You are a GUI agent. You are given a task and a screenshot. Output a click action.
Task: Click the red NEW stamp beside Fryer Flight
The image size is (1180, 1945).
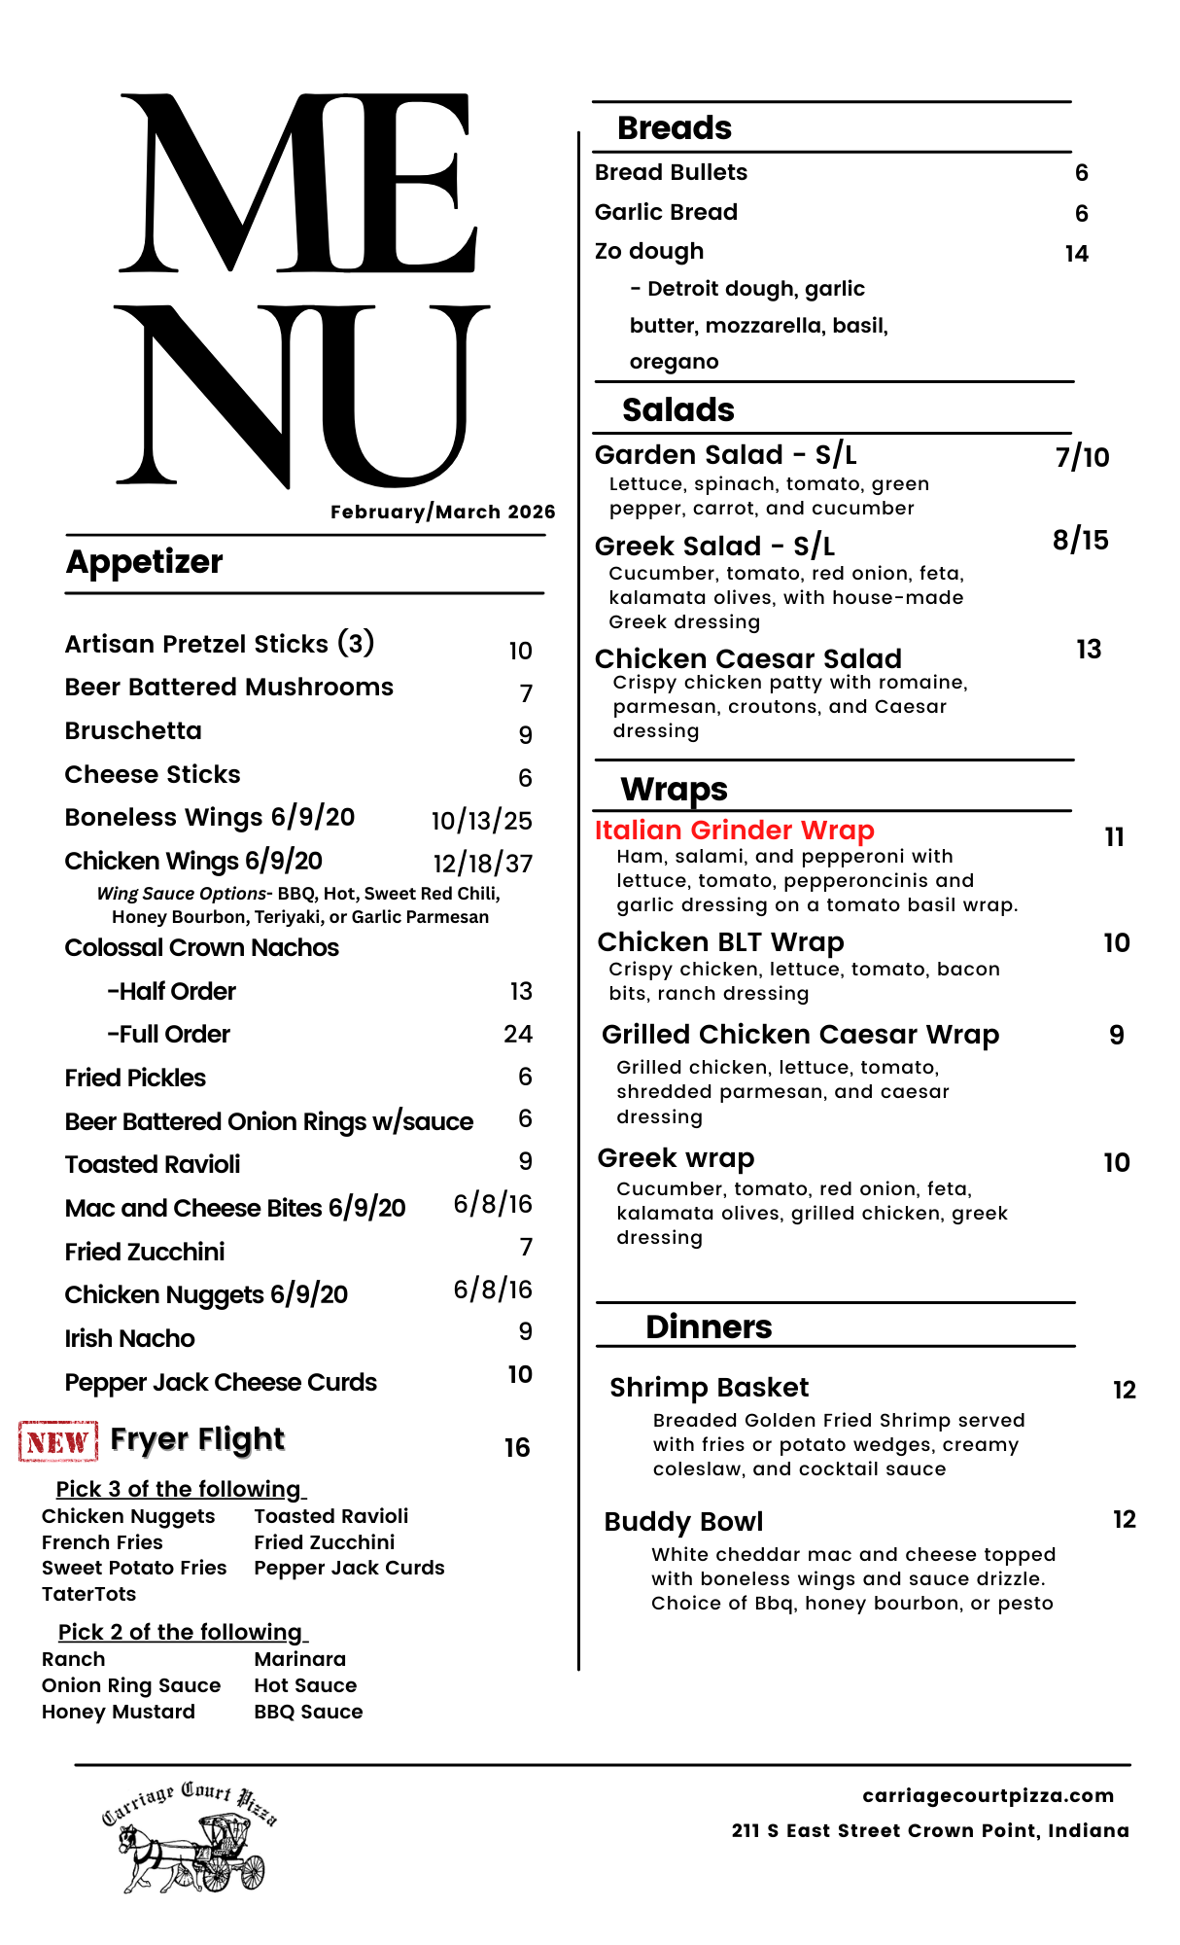click(58, 1441)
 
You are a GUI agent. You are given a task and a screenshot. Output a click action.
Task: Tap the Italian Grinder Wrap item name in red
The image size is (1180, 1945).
click(734, 831)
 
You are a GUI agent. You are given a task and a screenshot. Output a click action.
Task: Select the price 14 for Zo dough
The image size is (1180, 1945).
click(1076, 254)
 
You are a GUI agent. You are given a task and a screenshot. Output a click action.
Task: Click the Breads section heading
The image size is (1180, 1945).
click(675, 128)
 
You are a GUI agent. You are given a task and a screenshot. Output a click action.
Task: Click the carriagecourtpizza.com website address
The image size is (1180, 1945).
click(988, 1795)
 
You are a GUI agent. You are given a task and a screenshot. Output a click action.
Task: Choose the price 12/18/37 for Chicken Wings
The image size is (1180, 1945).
click(482, 864)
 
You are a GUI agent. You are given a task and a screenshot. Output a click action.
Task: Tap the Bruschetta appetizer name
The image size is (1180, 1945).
click(133, 731)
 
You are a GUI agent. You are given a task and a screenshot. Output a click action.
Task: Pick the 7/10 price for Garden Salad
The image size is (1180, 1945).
click(1082, 457)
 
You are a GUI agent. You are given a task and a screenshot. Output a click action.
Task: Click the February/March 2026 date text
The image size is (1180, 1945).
click(442, 512)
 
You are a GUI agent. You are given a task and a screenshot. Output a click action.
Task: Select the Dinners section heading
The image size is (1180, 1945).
click(709, 1327)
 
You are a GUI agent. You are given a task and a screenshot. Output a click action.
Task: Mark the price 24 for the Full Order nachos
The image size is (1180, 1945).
click(518, 1034)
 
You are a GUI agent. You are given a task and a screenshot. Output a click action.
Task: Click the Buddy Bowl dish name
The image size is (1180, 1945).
click(683, 1522)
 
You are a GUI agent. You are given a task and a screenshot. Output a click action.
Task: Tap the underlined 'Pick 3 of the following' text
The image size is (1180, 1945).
click(180, 1490)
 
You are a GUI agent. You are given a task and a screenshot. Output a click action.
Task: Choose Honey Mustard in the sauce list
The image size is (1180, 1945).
click(118, 1712)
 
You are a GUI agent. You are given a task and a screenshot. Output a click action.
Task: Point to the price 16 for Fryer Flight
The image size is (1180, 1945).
click(517, 1448)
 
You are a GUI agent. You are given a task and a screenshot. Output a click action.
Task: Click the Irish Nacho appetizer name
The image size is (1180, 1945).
click(129, 1339)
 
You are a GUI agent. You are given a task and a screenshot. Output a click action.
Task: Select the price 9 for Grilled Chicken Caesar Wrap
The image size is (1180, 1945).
click(1116, 1036)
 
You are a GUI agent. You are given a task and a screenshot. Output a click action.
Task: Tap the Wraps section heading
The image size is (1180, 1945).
click(674, 789)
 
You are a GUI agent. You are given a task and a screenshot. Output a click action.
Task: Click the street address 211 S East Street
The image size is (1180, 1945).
click(930, 1830)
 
